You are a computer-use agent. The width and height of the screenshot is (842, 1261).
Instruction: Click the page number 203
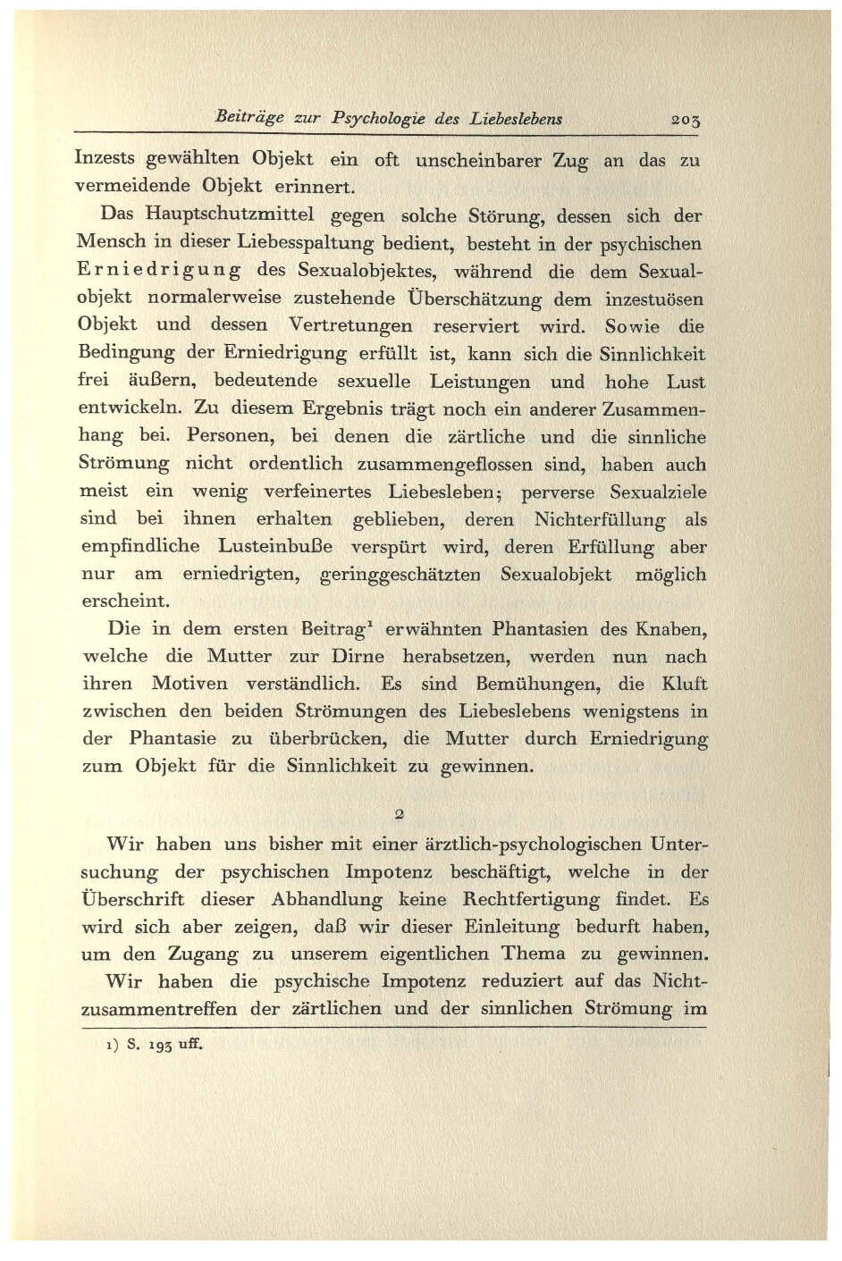[x=686, y=119]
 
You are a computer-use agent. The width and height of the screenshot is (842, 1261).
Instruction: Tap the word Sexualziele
[x=658, y=492]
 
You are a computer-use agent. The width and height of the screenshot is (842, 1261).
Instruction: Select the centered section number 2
[x=400, y=814]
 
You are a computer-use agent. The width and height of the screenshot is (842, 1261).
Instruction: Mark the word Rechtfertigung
[x=546, y=899]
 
